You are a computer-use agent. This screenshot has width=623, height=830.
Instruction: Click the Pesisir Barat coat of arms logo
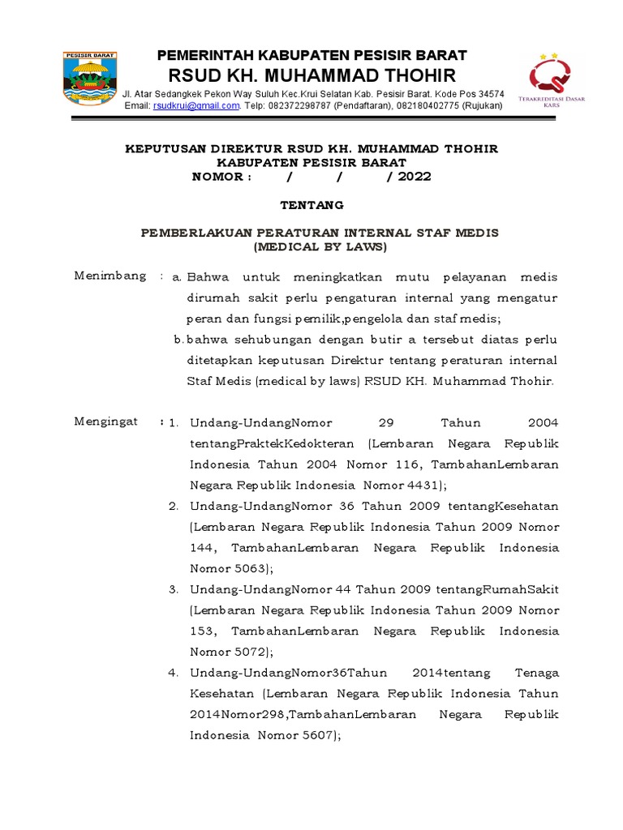89,79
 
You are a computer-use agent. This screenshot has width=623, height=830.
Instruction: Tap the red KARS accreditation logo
556,81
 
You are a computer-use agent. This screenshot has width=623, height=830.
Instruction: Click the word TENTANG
311,204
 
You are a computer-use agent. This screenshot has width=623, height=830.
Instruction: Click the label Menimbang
110,276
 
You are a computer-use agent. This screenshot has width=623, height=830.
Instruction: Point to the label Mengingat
106,421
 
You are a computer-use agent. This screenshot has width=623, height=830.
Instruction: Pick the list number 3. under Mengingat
174,588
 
